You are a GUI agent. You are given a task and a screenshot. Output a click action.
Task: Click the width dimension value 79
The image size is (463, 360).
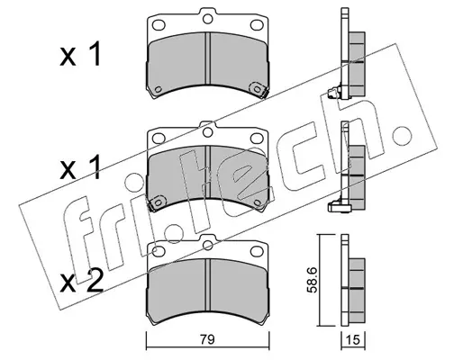click(207, 339)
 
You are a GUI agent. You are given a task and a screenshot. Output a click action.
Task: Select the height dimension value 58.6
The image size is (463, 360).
click(312, 281)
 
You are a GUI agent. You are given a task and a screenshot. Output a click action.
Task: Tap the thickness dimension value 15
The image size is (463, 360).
click(353, 340)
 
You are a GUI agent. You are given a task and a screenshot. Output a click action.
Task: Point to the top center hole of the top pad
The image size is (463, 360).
click(207, 19)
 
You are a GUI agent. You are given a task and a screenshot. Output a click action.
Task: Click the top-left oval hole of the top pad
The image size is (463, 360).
click(159, 24)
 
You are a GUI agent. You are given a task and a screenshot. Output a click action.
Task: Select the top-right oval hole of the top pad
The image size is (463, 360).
click(257, 24)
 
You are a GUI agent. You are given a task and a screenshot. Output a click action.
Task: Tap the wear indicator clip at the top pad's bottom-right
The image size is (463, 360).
click(259, 89)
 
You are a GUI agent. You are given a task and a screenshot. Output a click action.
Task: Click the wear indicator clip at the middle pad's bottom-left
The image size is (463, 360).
click(157, 202)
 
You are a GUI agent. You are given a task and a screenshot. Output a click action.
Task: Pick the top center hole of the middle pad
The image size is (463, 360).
click(207, 132)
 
